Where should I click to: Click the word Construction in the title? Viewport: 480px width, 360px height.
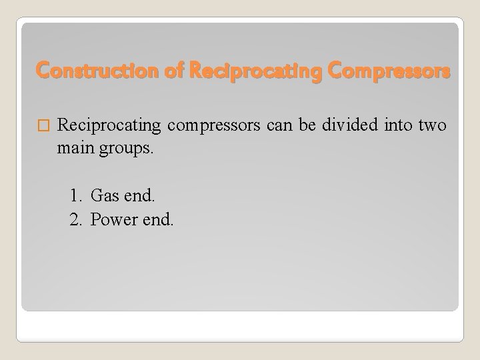tap(87, 69)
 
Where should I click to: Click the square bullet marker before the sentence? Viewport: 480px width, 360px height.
tap(45, 125)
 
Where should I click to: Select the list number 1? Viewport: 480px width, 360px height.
tap(75, 195)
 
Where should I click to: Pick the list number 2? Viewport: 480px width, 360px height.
tap(75, 219)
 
